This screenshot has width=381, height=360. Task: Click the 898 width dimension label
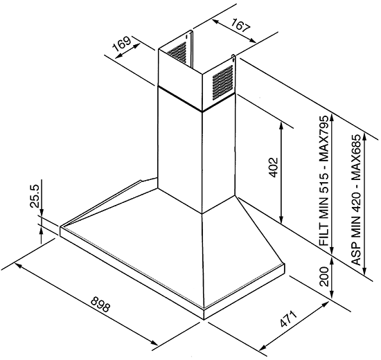click(100, 305)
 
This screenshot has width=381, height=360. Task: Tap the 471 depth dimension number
click(288, 318)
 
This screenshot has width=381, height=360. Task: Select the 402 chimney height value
click(273, 168)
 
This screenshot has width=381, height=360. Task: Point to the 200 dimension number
click(324, 276)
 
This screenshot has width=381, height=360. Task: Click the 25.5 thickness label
click(35, 196)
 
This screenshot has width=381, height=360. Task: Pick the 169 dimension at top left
click(122, 43)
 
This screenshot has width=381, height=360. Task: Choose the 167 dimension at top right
click(240, 26)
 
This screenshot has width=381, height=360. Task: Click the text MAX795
click(324, 139)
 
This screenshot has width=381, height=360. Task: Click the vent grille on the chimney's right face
click(222, 82)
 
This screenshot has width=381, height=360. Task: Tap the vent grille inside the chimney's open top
click(177, 53)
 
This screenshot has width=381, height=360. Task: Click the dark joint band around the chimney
click(196, 99)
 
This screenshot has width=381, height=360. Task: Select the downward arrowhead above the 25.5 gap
click(42, 211)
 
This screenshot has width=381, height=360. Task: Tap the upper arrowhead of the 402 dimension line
click(281, 126)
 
